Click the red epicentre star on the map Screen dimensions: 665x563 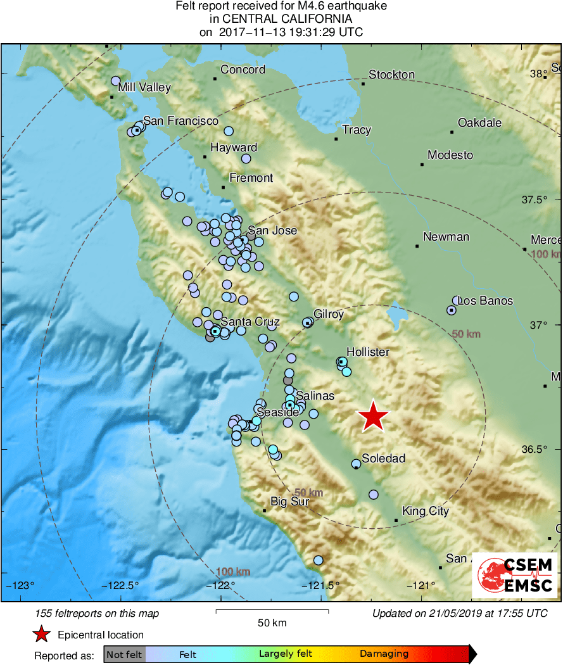[373, 417]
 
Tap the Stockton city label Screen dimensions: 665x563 [391, 75]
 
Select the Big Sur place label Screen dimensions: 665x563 [289, 502]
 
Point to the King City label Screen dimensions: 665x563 [426, 511]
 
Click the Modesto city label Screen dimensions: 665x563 [450, 155]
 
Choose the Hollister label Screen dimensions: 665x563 [367, 352]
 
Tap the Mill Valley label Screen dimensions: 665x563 [144, 87]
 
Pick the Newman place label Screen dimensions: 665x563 [446, 237]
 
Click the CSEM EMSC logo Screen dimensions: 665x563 [515, 575]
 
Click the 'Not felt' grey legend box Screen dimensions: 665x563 [124, 654]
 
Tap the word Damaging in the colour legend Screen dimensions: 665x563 [384, 654]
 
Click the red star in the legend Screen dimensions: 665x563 [42, 635]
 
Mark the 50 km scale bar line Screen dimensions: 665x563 [272, 611]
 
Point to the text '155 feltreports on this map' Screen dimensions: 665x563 [98, 613]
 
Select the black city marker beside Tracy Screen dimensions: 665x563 [336, 139]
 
